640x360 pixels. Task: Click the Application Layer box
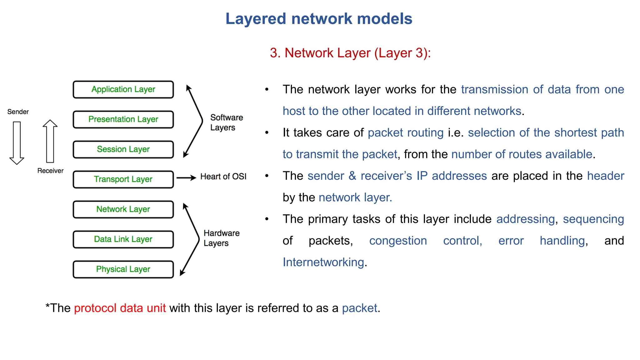123,90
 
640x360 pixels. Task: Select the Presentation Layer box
123,120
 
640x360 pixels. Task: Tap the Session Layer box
123,150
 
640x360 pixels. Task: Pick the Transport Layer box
123,179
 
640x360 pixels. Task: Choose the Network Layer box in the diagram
123,209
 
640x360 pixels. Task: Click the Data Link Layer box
123,239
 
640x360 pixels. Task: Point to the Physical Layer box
123,269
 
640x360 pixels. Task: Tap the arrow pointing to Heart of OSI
186,178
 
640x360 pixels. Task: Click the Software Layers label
226,122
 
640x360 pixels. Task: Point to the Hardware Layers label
221,238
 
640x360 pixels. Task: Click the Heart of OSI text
223,177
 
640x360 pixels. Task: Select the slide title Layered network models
319,19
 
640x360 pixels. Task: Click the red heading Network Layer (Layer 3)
350,53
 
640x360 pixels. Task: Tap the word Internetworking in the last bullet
323,262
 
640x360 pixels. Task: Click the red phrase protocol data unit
120,308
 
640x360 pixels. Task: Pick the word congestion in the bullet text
398,241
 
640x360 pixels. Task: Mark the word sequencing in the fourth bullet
593,219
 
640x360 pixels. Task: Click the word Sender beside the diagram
18,112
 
